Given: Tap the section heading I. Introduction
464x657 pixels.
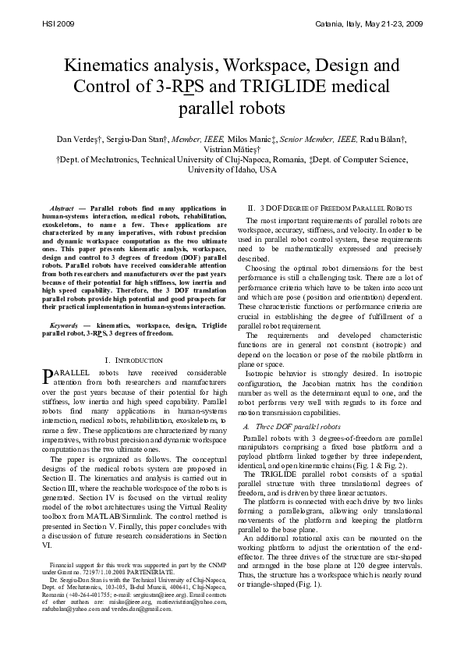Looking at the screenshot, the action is [x=133, y=360].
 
